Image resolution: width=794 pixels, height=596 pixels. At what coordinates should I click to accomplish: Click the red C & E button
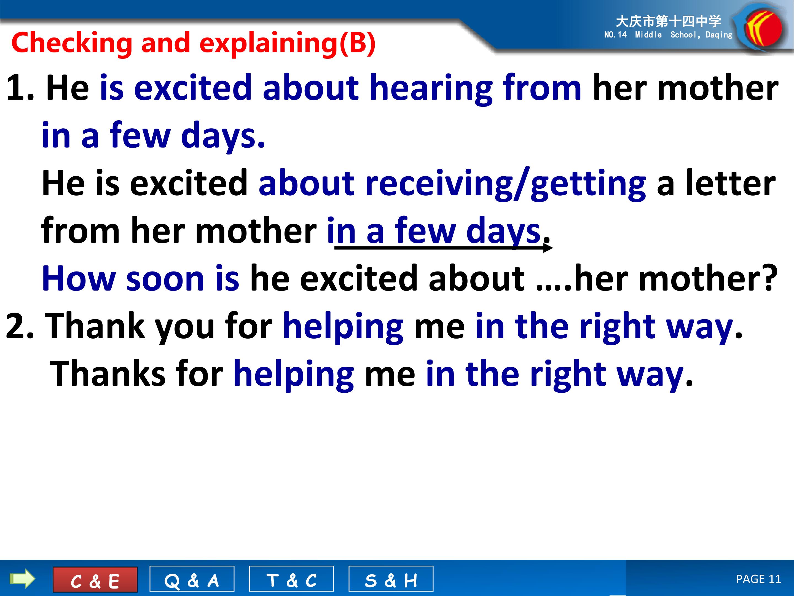pyautogui.click(x=95, y=579)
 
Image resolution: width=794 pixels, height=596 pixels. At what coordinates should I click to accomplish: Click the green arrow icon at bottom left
pyautogui.click(x=22, y=579)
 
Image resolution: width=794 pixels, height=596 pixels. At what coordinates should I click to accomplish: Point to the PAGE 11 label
pyautogui.click(x=758, y=579)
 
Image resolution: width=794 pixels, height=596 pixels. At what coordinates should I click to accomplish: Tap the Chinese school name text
pyautogui.click(x=668, y=21)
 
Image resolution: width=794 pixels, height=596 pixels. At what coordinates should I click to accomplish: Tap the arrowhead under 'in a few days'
pyautogui.click(x=548, y=248)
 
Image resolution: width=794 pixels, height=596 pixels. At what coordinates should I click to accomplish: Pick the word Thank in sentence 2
pyautogui.click(x=95, y=326)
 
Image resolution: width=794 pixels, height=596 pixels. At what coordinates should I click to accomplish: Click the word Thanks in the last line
pyautogui.click(x=108, y=374)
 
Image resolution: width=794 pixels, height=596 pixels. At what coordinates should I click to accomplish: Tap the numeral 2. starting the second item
pyautogui.click(x=20, y=326)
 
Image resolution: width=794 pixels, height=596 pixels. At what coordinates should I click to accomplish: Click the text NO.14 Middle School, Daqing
pyautogui.click(x=668, y=35)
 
